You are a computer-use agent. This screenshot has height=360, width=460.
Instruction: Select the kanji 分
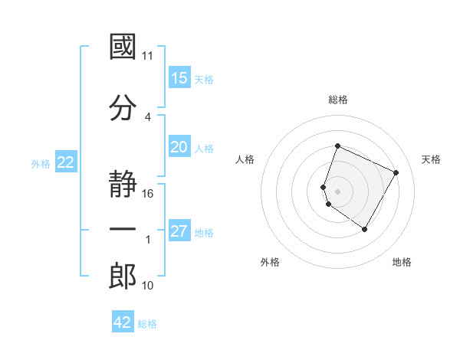pyautogui.click(x=123, y=107)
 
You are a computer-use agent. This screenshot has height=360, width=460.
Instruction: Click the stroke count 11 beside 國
pyautogui.click(x=148, y=56)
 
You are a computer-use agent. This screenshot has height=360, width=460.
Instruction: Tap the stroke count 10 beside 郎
pyautogui.click(x=148, y=286)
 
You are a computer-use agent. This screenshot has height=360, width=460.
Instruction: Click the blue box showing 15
pyautogui.click(x=179, y=77)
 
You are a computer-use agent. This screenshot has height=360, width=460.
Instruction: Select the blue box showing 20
pyautogui.click(x=179, y=147)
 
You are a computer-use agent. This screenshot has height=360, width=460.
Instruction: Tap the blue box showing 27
pyautogui.click(x=179, y=231)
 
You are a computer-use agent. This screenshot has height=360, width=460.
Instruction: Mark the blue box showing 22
pyautogui.click(x=65, y=162)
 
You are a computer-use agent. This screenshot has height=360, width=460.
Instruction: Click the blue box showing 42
pyautogui.click(x=122, y=322)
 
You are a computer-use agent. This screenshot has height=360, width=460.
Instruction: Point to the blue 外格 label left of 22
pyautogui.click(x=41, y=163)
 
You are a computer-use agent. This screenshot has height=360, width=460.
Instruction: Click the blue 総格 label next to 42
pyautogui.click(x=147, y=324)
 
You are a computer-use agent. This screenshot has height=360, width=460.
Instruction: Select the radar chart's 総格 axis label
pyautogui.click(x=338, y=100)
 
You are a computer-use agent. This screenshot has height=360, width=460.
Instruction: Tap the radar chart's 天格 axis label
pyautogui.click(x=431, y=159)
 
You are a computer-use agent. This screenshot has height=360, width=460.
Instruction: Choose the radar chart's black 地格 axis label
pyautogui.click(x=402, y=262)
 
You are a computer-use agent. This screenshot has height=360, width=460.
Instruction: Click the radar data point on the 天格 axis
pyautogui.click(x=396, y=172)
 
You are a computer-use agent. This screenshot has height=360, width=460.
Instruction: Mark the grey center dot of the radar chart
pyautogui.click(x=338, y=191)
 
